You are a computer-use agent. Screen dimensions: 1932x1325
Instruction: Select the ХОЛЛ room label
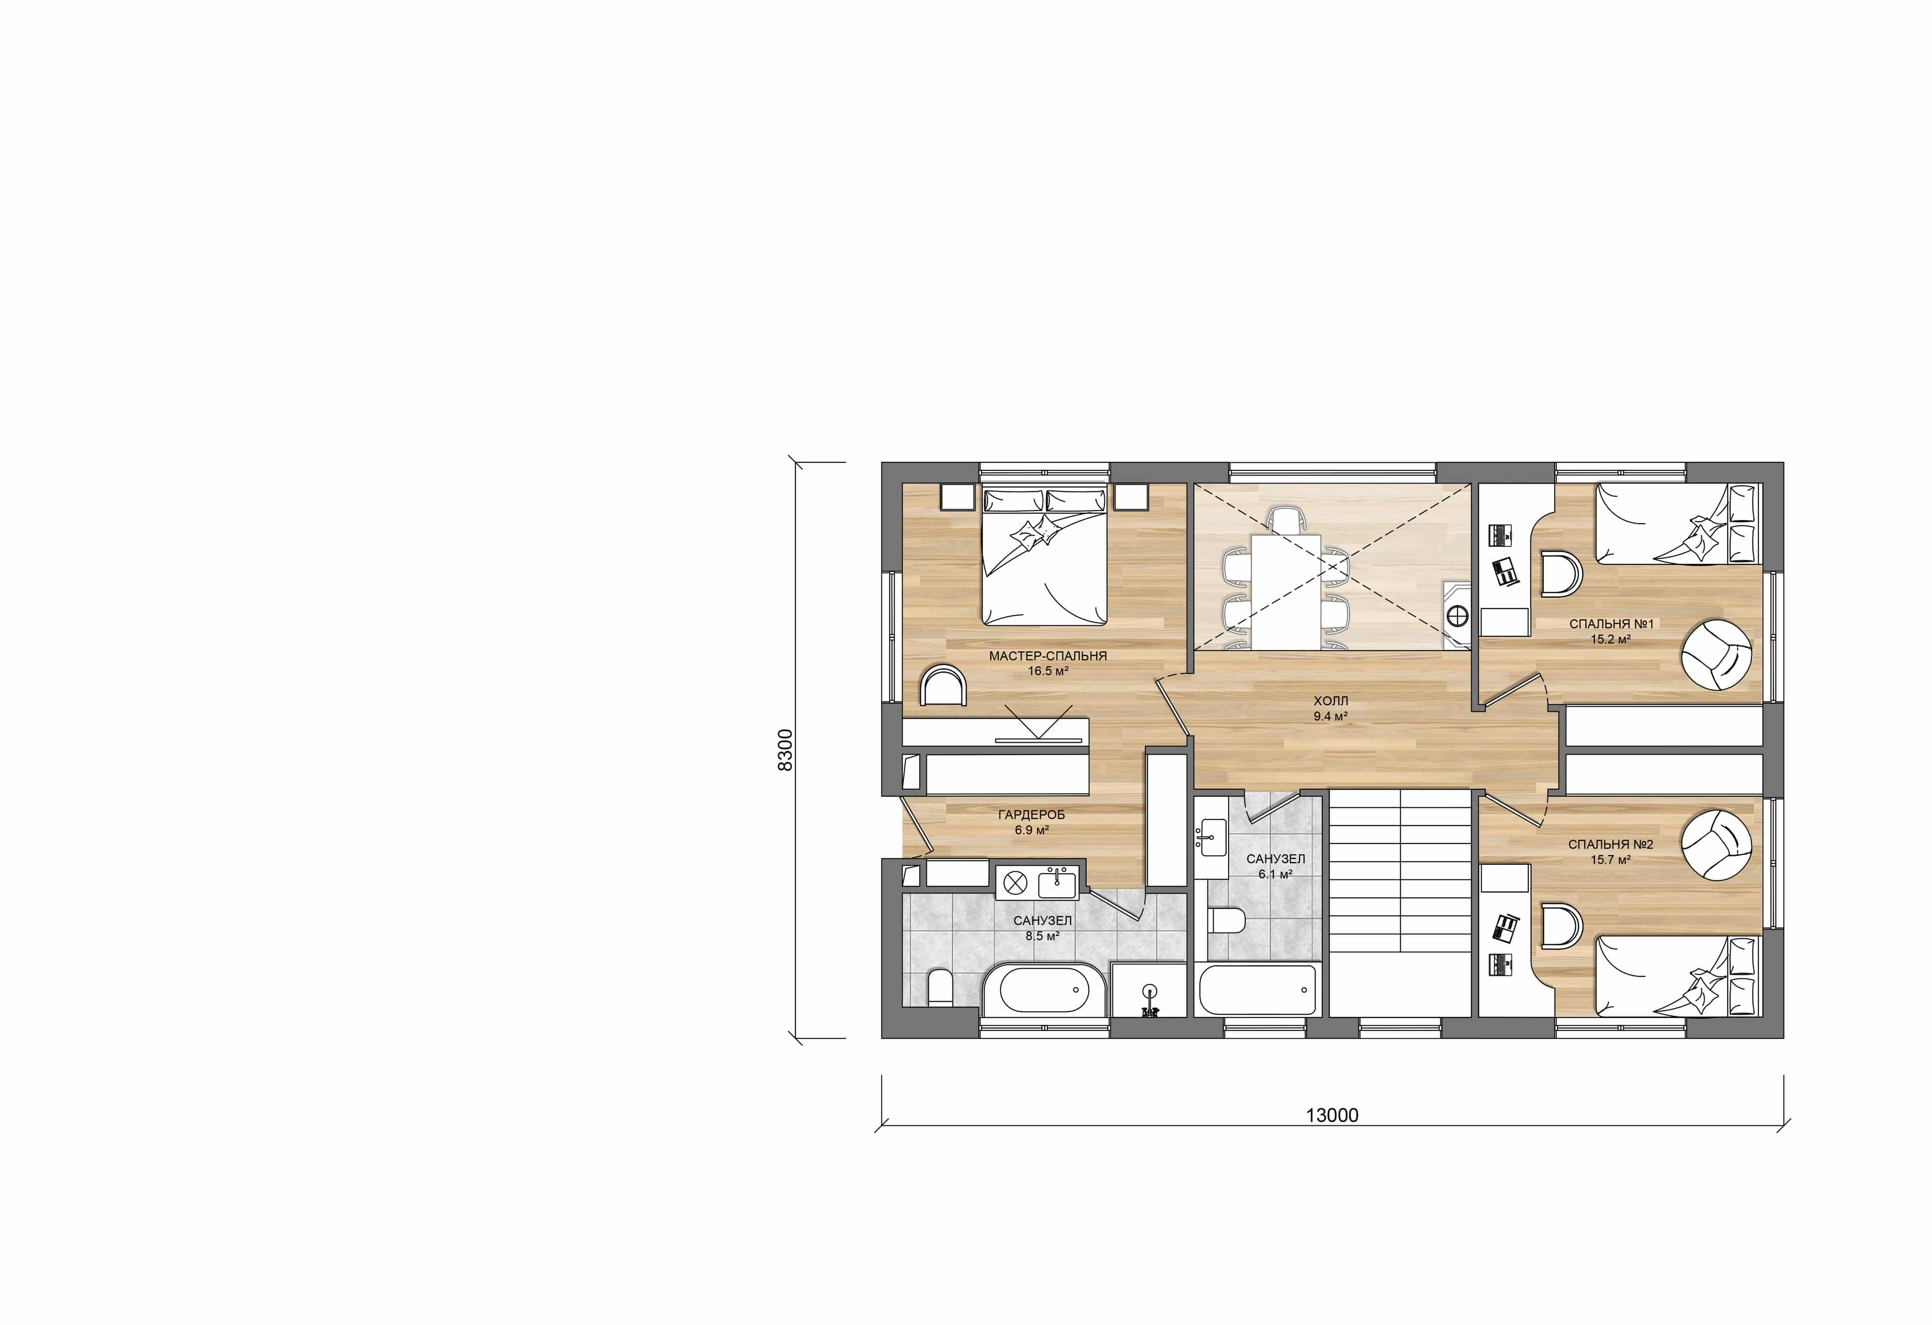1331,701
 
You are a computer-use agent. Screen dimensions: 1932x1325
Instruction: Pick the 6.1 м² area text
1275,874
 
